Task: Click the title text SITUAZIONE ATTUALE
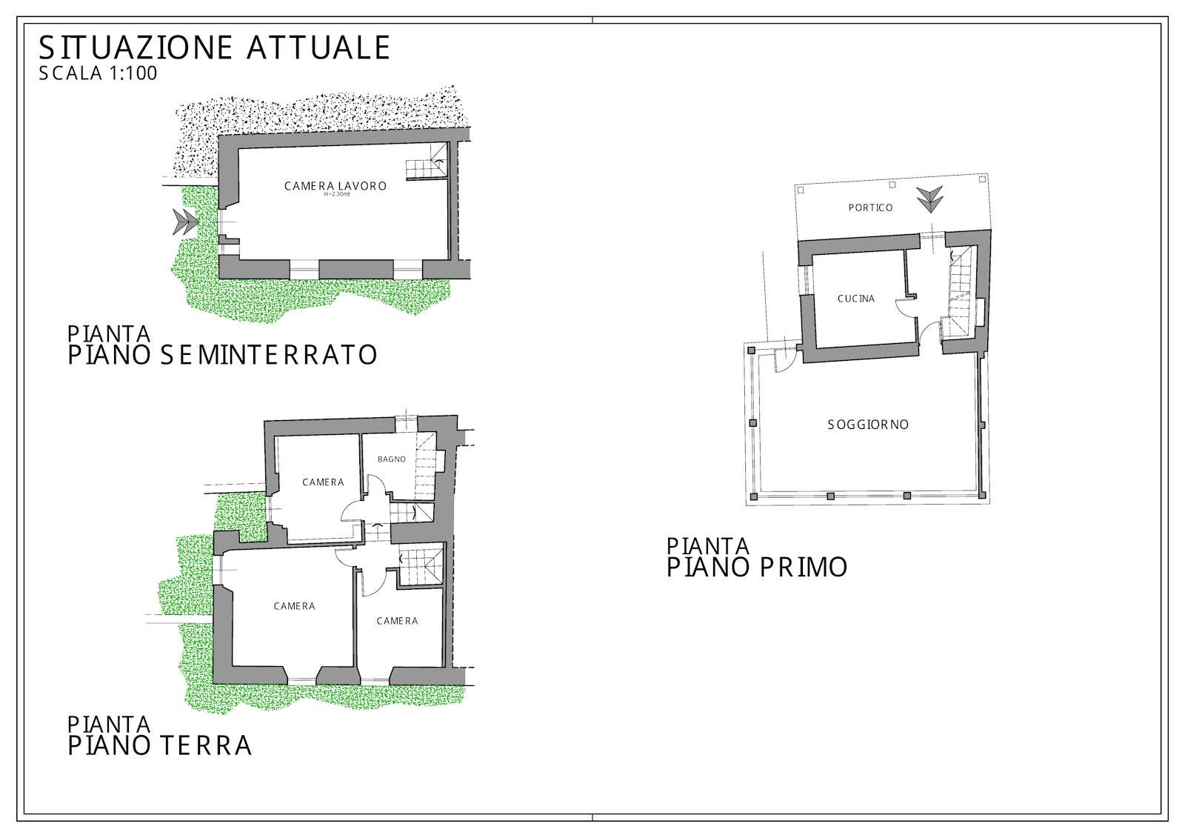(214, 47)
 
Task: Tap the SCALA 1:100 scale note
(98, 73)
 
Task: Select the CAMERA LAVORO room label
(336, 186)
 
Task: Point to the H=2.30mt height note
(337, 194)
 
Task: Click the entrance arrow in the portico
(930, 199)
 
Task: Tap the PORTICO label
(871, 208)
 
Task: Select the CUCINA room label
(856, 299)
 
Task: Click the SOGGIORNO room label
(868, 425)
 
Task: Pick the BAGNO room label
(392, 459)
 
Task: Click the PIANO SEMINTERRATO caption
(222, 355)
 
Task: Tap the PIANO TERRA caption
(160, 745)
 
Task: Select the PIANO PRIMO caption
(756, 568)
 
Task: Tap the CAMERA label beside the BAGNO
(323, 482)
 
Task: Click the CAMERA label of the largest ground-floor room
(294, 606)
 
